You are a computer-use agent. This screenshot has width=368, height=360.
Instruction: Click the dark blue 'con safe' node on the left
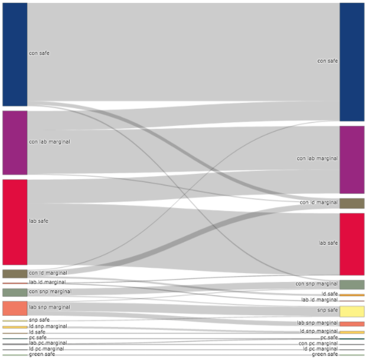(15, 54)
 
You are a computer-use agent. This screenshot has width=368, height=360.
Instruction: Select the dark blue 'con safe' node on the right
(351, 61)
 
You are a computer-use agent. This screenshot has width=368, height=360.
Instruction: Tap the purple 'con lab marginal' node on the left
(15, 142)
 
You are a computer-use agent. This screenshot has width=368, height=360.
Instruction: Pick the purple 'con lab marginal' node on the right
(351, 160)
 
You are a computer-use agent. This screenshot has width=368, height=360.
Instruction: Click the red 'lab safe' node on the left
(15, 222)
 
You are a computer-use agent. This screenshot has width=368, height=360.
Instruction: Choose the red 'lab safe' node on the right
(351, 244)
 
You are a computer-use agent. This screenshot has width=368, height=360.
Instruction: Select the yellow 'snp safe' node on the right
(351, 311)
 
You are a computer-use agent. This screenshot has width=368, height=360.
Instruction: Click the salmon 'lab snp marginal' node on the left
(15, 308)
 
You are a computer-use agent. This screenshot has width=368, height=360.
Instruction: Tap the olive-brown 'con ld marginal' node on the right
(351, 203)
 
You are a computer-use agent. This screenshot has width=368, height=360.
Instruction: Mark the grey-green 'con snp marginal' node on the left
(15, 292)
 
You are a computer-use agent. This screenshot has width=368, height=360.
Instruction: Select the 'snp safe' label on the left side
(39, 320)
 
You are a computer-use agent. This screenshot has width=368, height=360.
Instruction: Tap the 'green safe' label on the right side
(325, 354)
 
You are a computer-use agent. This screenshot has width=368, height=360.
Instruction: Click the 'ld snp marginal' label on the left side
(48, 326)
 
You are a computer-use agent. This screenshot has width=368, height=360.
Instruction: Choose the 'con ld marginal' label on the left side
(48, 273)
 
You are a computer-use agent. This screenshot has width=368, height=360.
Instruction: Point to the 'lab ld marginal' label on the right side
(320, 300)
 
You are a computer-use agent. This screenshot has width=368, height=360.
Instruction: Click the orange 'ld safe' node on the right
(351, 294)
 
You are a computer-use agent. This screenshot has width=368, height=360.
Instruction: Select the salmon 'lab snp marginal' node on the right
(351, 324)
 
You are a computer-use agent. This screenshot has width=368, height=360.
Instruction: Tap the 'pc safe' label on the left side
(37, 338)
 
